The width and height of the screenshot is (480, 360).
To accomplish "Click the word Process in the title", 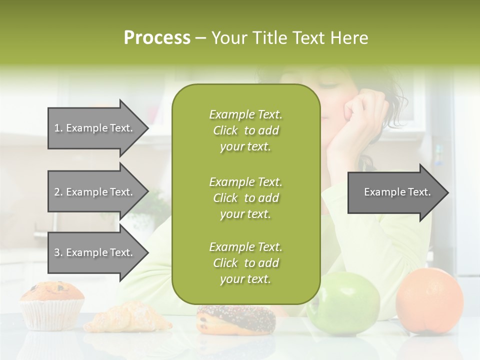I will coord(157,38).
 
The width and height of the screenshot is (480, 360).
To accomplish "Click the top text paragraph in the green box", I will coord(245,130).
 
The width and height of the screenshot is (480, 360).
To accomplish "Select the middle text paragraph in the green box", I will coord(245,198).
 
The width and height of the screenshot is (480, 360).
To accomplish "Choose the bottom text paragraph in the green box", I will coord(245,263).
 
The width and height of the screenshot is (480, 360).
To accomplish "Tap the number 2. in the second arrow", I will coord(58,192).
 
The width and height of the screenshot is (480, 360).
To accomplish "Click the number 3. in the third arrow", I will coord(58,252).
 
